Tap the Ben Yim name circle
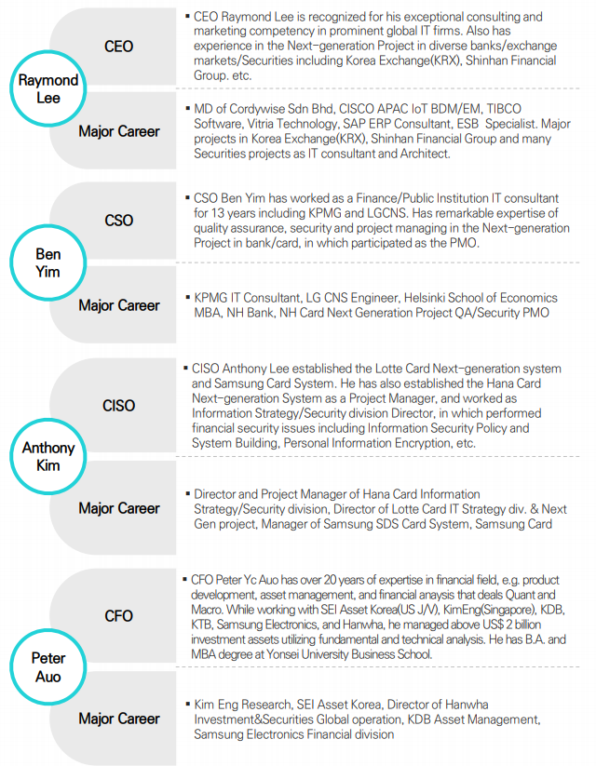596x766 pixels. click(x=47, y=262)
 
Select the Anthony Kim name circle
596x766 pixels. click(x=47, y=456)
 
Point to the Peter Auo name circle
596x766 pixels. click(x=47, y=666)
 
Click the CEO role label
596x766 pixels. click(x=118, y=47)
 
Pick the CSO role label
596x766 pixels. click(x=118, y=221)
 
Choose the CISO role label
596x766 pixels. click(x=118, y=406)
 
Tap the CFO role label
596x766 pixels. click(x=118, y=615)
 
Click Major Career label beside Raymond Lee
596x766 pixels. click(x=119, y=131)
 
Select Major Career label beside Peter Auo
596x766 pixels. click(x=119, y=719)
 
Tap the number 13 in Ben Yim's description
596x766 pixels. click(x=218, y=213)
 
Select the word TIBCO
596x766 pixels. click(x=504, y=109)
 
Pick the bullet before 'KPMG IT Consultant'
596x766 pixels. click(x=188, y=297)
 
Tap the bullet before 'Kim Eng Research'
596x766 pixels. click(x=188, y=704)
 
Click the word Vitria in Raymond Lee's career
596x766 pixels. click(x=262, y=124)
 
